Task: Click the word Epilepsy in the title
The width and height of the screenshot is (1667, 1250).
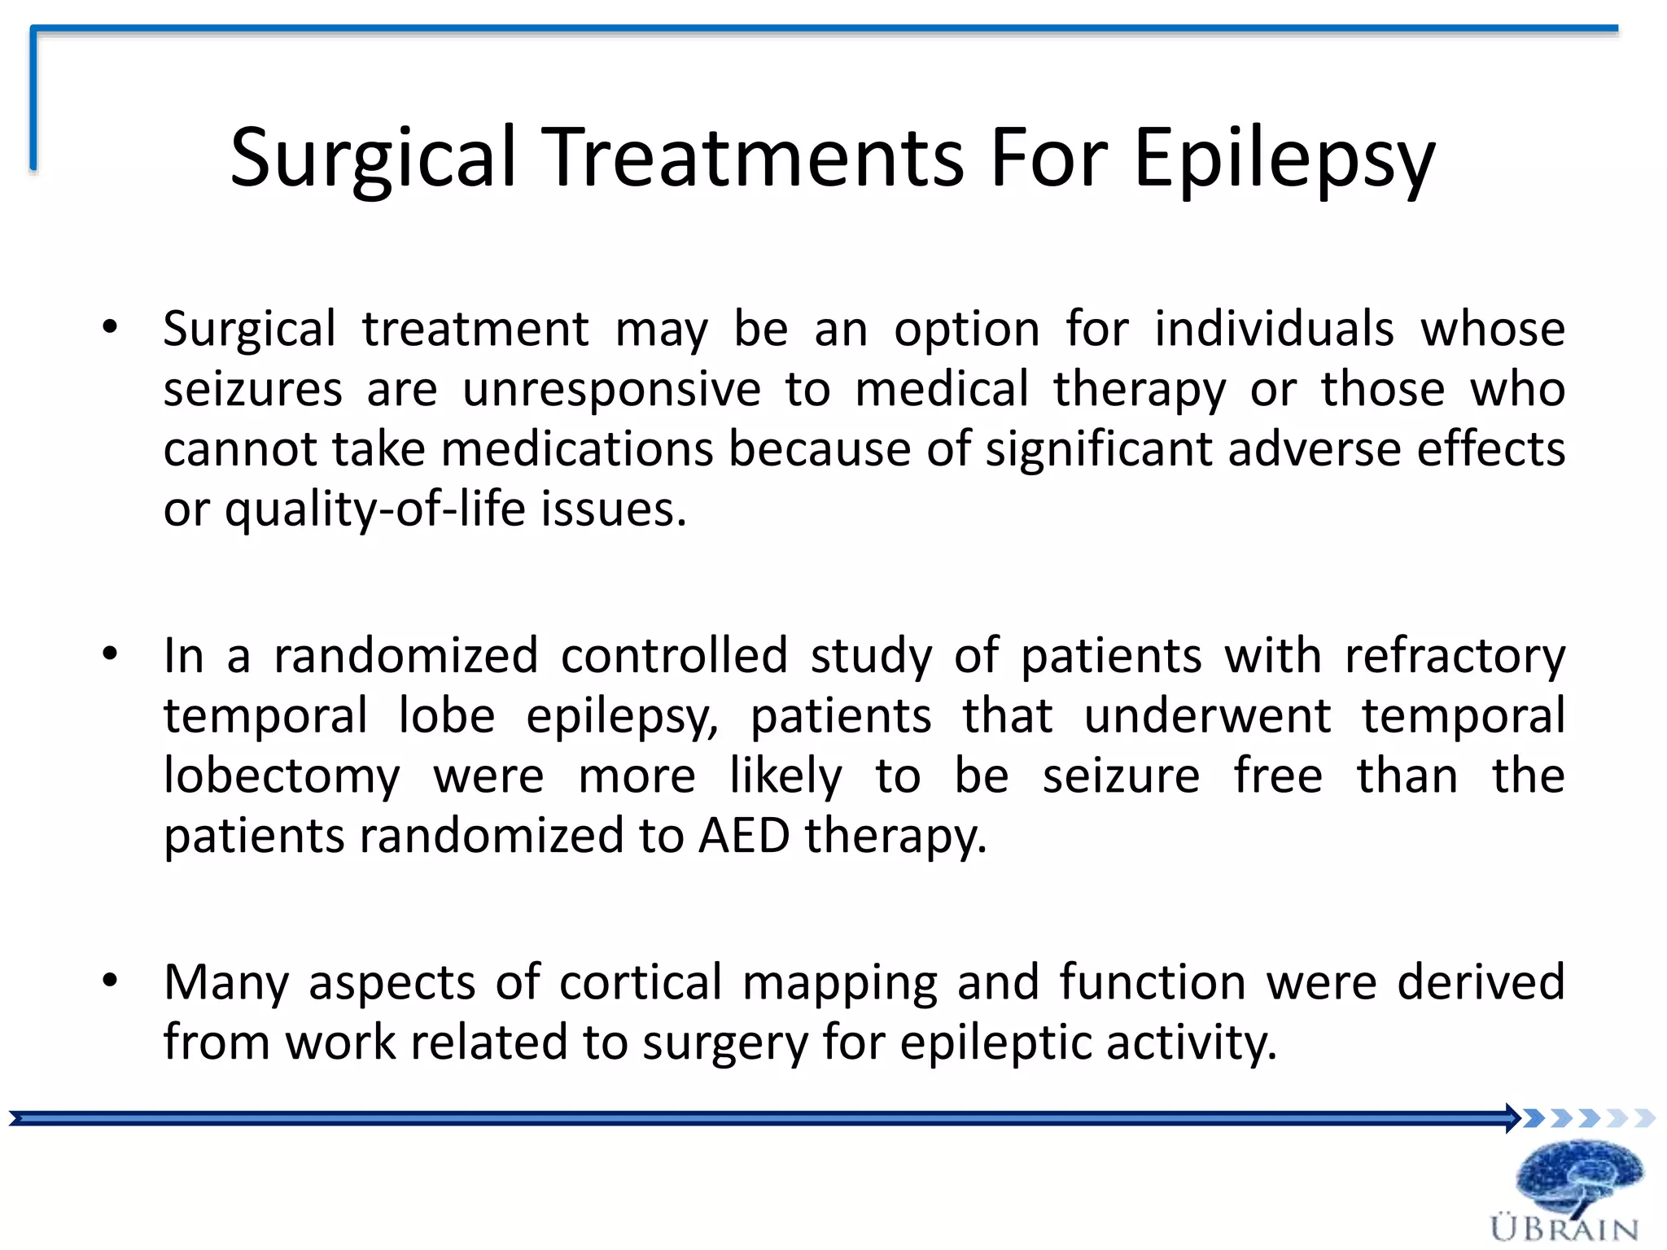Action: pyautogui.click(x=1284, y=159)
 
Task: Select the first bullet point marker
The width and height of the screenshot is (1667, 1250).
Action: pyautogui.click(x=111, y=328)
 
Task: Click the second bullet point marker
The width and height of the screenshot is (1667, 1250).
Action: pyautogui.click(x=111, y=654)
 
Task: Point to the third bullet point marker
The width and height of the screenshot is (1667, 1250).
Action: pyautogui.click(x=111, y=981)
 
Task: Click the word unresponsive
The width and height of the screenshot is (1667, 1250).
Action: pyautogui.click(x=611, y=390)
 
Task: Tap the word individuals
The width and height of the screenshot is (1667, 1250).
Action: pyautogui.click(x=1274, y=329)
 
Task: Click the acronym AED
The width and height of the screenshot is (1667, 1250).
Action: pyautogui.click(x=744, y=836)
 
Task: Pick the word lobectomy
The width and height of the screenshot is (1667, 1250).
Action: pyautogui.click(x=282, y=776)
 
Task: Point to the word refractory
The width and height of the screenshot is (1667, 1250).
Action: pyautogui.click(x=1455, y=656)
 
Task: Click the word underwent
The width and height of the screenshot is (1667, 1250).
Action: pyautogui.click(x=1207, y=716)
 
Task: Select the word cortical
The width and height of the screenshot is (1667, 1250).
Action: pyautogui.click(x=641, y=982)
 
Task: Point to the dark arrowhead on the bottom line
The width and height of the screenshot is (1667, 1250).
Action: pyautogui.click(x=1512, y=1118)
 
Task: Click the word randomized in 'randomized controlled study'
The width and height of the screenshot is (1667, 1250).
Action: pyautogui.click(x=406, y=656)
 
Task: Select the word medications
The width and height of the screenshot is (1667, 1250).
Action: pyautogui.click(x=577, y=450)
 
